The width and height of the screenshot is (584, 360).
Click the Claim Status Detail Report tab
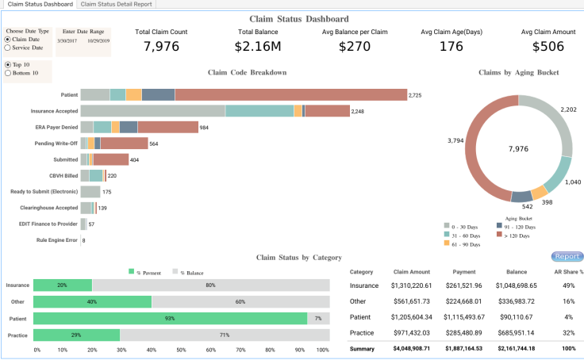[116, 4]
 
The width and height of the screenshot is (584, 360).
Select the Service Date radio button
[8, 48]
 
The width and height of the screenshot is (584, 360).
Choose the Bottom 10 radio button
[8, 73]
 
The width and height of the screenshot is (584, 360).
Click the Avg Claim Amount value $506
[548, 47]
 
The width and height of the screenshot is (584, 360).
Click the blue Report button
[567, 257]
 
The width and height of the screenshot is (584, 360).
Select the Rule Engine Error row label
[57, 239]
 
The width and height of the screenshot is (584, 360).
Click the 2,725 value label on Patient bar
[415, 95]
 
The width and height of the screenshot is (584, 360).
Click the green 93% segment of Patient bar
[170, 319]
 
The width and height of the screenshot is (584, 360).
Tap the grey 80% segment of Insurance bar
[210, 285]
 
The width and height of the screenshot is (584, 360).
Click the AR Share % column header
[568, 271]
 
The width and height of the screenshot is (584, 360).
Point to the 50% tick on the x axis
[181, 350]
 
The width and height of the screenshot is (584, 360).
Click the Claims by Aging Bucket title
[519, 72]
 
